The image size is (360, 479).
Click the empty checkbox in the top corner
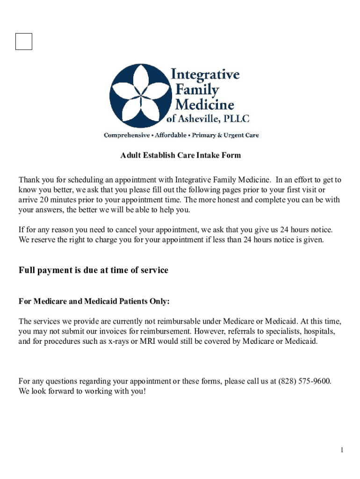[x=24, y=41]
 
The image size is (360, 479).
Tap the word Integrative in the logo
[x=205, y=75]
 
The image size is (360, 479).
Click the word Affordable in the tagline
[x=173, y=135]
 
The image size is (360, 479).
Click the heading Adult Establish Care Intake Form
[x=180, y=155]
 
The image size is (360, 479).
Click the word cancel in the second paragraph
[x=141, y=230]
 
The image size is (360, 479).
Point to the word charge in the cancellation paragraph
[x=107, y=240]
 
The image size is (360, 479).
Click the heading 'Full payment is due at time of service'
[x=94, y=270]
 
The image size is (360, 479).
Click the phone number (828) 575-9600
[x=304, y=381]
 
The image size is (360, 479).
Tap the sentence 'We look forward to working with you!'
[x=82, y=391]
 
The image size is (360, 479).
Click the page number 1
[x=342, y=450]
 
